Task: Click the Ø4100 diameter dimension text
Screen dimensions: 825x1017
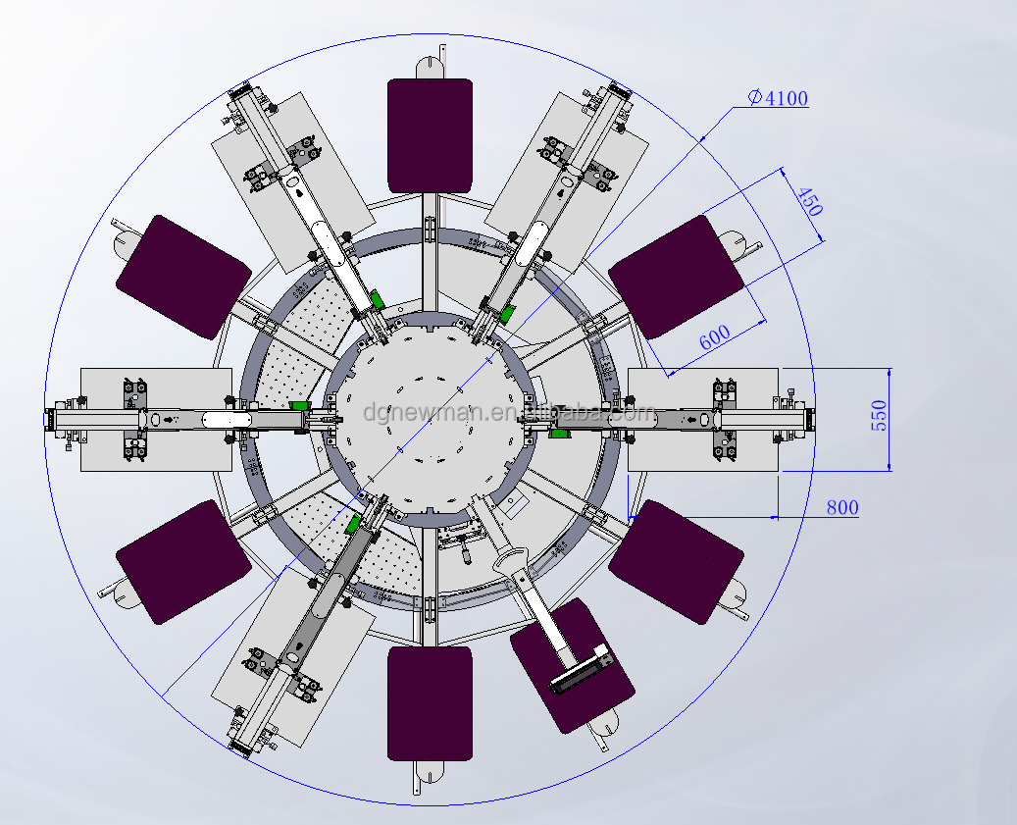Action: (x=778, y=98)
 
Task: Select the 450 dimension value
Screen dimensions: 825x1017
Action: (x=809, y=201)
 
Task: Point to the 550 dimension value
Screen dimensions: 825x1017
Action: (x=879, y=415)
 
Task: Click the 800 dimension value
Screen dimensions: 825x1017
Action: (x=841, y=507)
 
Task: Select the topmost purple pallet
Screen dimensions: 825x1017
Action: (x=431, y=135)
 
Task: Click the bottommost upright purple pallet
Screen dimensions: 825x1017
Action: (x=430, y=702)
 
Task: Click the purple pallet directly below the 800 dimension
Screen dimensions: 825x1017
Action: (x=676, y=561)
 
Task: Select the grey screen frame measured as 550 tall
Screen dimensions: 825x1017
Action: (x=702, y=419)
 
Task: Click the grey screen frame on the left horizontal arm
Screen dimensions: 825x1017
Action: (x=156, y=419)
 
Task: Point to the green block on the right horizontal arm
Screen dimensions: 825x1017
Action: (x=561, y=433)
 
